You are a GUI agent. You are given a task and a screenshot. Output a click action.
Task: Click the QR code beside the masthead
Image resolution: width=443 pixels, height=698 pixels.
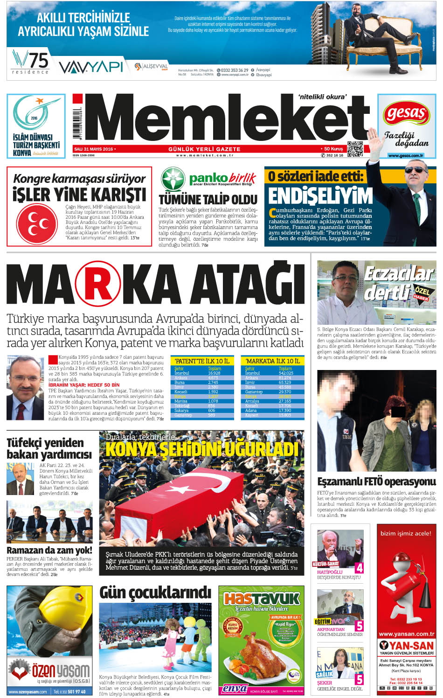tap(355, 148)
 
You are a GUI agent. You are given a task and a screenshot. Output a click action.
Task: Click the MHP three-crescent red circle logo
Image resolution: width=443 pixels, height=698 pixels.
tap(37, 223)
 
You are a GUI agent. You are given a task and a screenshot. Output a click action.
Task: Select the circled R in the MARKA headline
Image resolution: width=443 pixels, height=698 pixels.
tap(98, 283)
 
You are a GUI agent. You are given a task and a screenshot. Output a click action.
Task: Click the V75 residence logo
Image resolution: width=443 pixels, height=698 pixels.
tap(31, 62)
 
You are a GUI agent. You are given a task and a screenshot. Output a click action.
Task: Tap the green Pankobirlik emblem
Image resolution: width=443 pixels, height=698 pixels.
tap(173, 179)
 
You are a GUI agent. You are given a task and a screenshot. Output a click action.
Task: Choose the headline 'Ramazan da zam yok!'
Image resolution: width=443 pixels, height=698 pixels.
tap(49, 550)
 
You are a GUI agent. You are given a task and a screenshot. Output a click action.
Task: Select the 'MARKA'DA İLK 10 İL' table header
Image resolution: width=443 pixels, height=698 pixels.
tap(272, 361)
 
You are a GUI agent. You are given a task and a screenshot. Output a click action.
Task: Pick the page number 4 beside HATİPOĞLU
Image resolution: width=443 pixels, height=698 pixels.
tap(359, 568)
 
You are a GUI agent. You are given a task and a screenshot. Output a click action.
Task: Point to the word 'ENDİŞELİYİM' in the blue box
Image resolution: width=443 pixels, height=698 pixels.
tap(320, 196)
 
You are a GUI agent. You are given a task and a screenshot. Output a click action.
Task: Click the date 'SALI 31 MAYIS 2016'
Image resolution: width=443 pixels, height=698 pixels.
tap(94, 149)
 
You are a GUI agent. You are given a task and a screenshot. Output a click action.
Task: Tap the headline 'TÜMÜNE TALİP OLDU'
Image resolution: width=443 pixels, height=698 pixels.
tap(208, 200)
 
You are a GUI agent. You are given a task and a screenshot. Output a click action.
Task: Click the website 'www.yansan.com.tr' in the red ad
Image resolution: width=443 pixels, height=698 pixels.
tap(406, 634)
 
